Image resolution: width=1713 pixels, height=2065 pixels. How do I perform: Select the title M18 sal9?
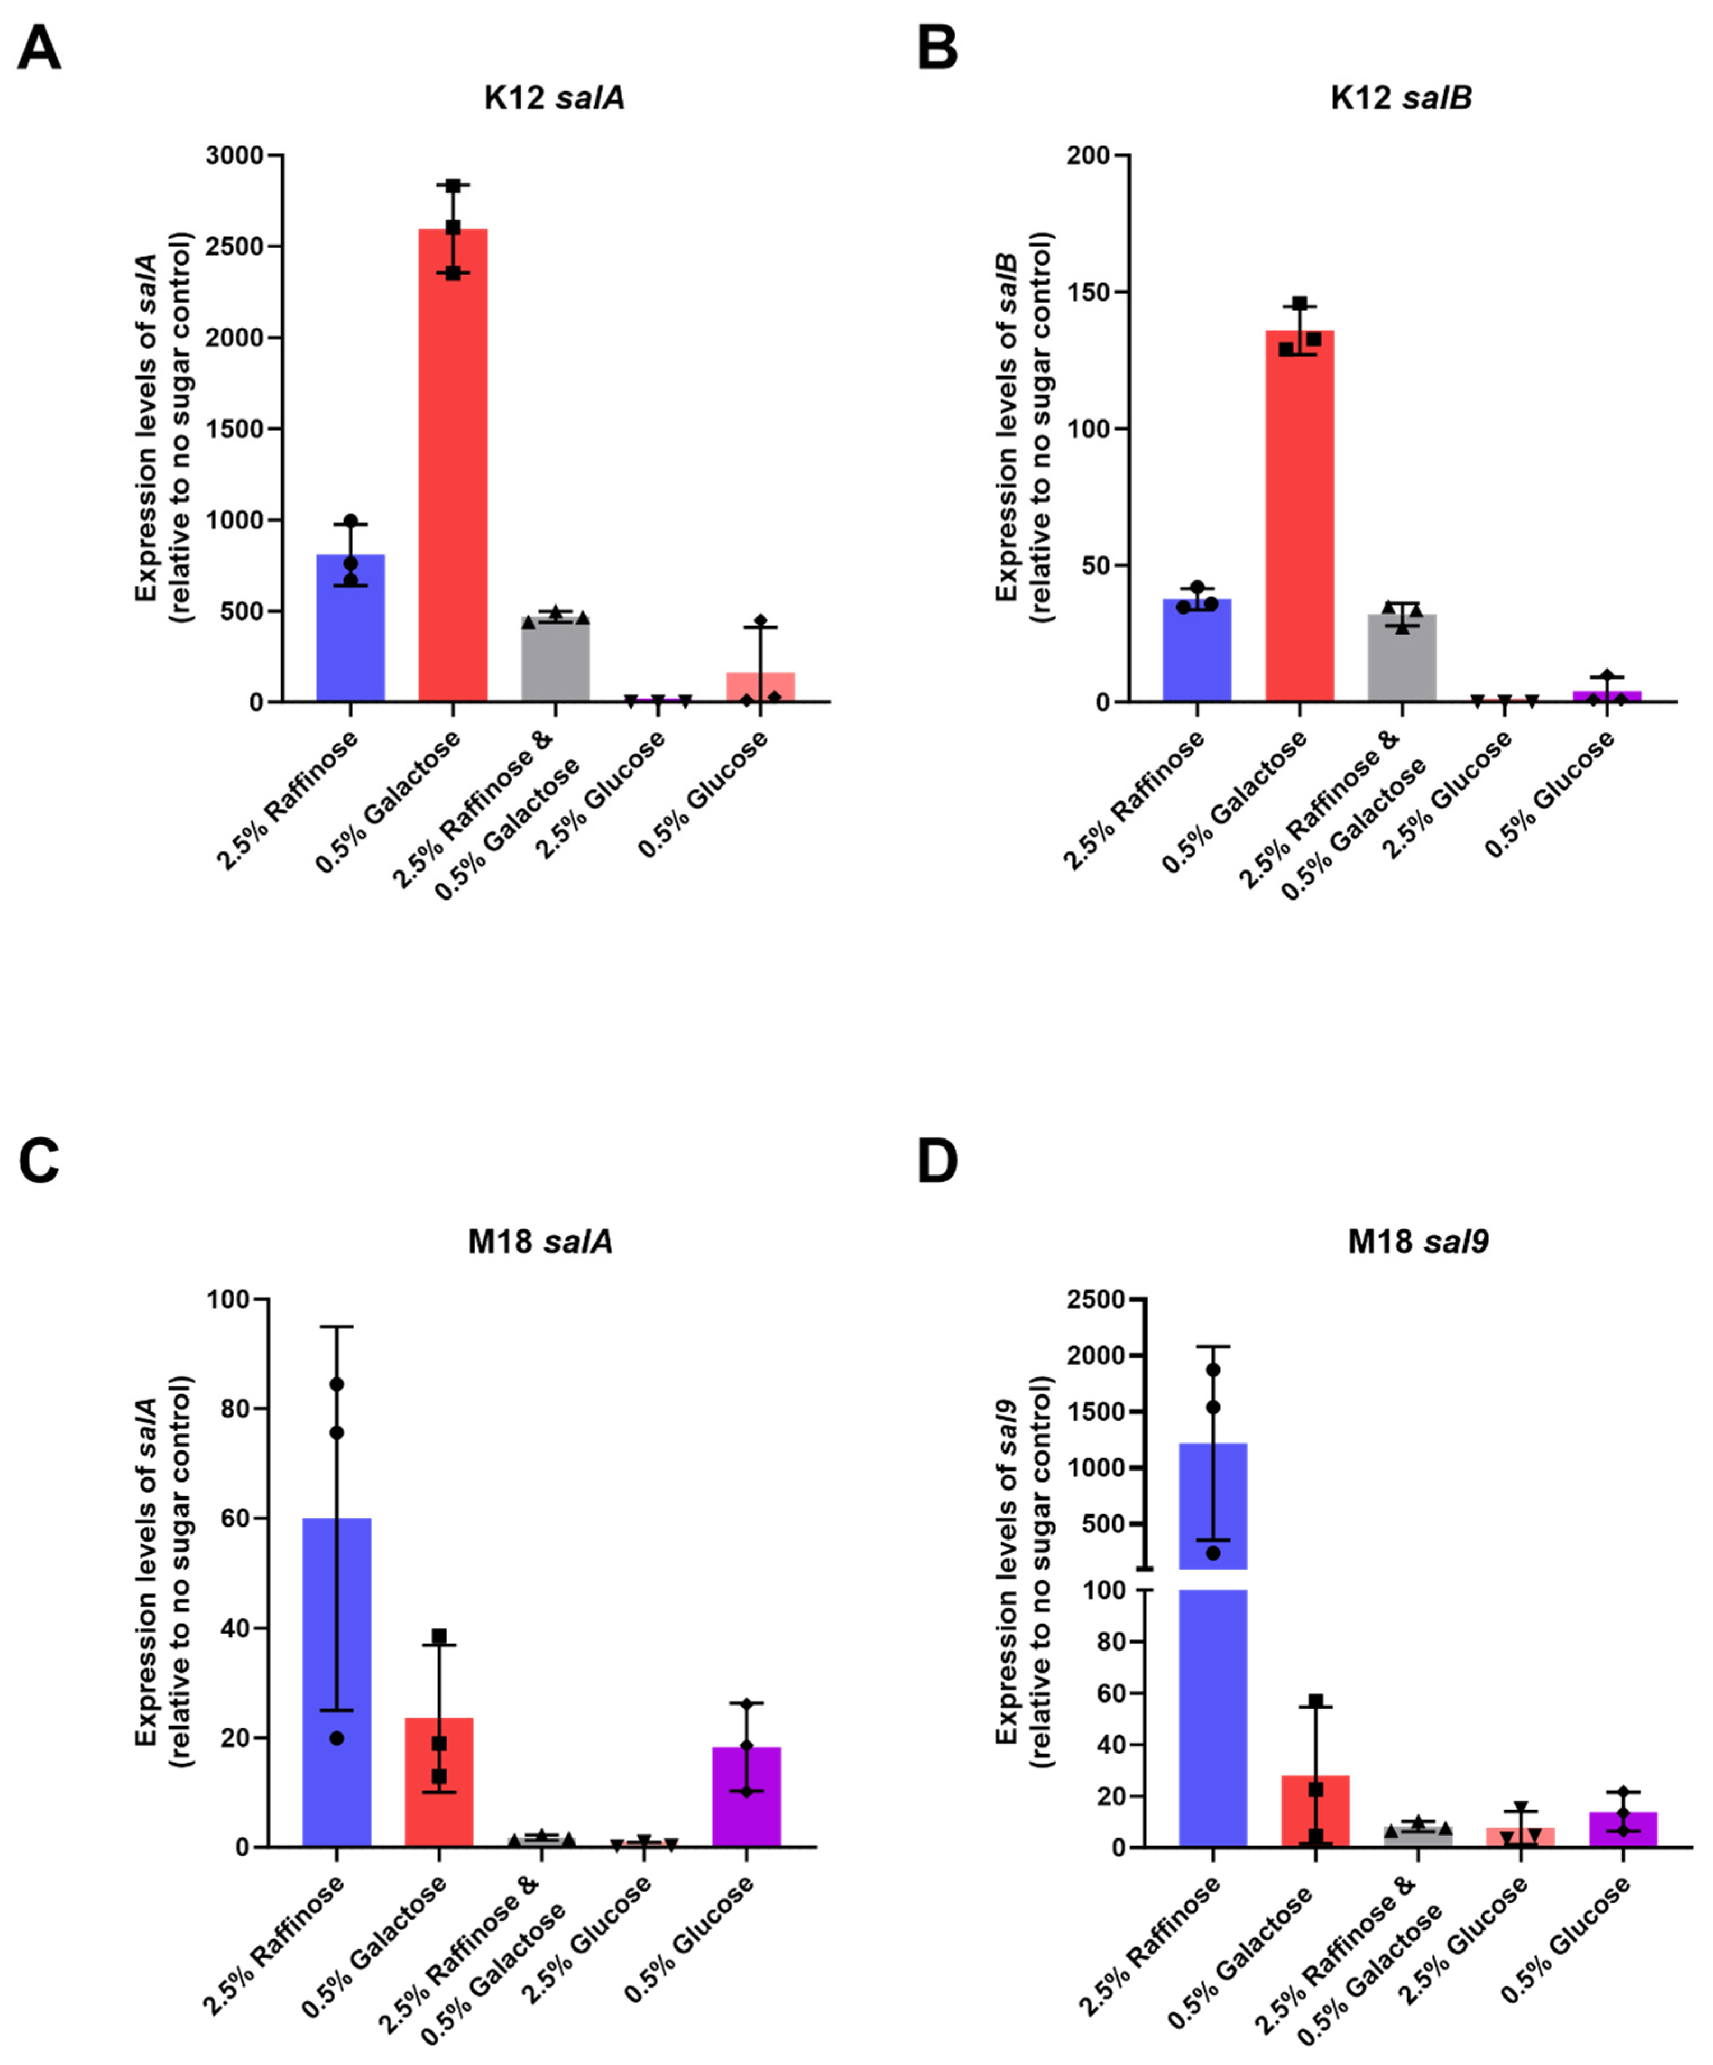tap(1417, 1242)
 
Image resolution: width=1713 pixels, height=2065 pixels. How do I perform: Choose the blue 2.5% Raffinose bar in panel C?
tap(336, 1681)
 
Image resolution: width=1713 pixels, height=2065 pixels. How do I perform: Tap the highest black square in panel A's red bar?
tap(453, 186)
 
